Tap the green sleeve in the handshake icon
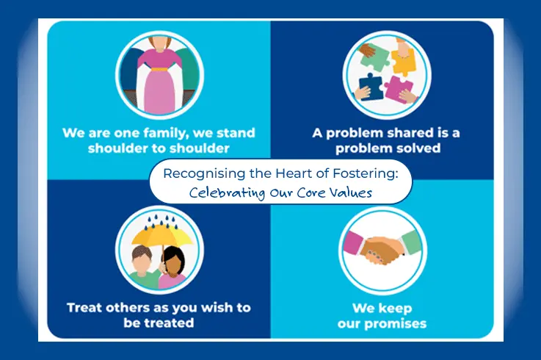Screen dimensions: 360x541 (x=408, y=243)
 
